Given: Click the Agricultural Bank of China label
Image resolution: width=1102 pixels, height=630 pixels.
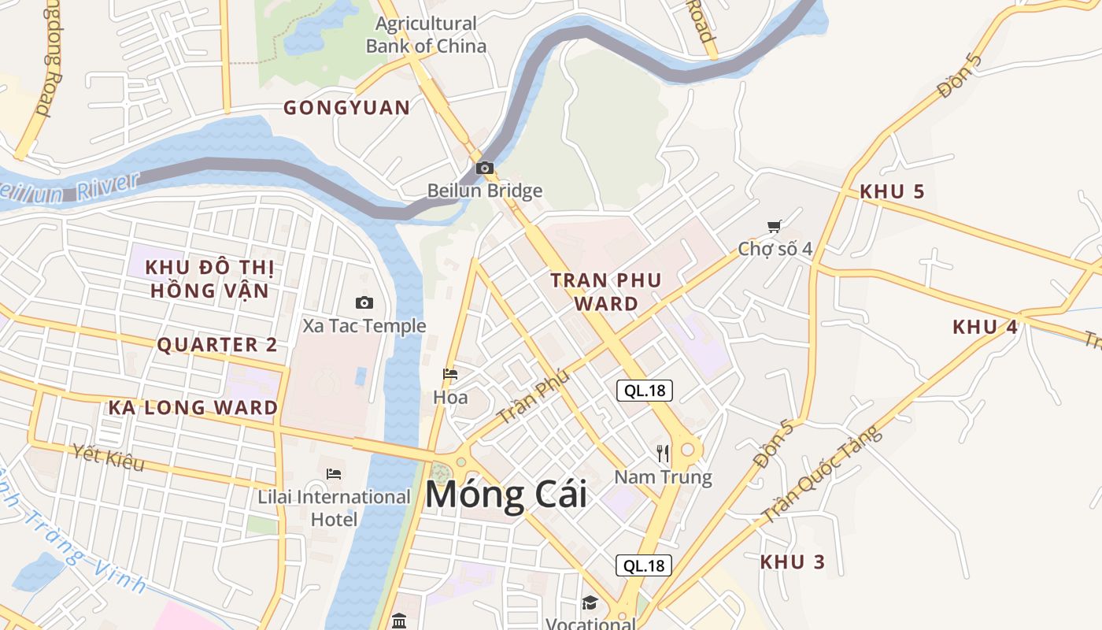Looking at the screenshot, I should [x=426, y=35].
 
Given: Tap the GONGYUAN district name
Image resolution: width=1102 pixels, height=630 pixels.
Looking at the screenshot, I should [x=347, y=108].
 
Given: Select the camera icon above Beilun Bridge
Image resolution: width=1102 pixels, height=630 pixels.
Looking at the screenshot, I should [x=485, y=168].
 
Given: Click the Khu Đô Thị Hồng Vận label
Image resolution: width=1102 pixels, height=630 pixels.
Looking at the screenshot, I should [x=209, y=279].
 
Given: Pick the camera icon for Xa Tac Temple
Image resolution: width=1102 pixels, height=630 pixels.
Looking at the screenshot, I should [x=364, y=302].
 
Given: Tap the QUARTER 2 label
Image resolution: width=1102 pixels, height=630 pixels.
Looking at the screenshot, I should [x=217, y=345].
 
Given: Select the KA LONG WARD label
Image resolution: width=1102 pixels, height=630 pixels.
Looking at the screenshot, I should [x=193, y=408].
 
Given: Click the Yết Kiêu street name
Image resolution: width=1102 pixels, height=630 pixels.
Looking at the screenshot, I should [x=109, y=457].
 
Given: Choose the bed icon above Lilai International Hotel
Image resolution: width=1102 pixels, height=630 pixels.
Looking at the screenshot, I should [x=334, y=473].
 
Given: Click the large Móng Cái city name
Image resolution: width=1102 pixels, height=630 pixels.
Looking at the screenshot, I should [x=506, y=495].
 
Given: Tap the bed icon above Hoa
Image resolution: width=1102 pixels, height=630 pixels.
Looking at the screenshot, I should [x=450, y=373].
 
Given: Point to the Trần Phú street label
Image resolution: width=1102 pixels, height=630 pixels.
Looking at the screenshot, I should [x=534, y=398].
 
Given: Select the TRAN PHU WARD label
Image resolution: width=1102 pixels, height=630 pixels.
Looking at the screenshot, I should [x=606, y=291].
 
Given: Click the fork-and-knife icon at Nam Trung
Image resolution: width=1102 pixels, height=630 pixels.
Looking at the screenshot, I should [x=663, y=453].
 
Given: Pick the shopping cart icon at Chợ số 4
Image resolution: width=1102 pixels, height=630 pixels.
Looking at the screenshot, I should [x=775, y=226].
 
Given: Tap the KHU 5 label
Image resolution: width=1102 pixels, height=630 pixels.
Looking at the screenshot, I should [x=892, y=191].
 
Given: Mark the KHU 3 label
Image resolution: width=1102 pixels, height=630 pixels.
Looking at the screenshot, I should [x=793, y=562].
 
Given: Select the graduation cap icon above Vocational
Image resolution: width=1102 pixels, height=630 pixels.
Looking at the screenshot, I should [x=590, y=603].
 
